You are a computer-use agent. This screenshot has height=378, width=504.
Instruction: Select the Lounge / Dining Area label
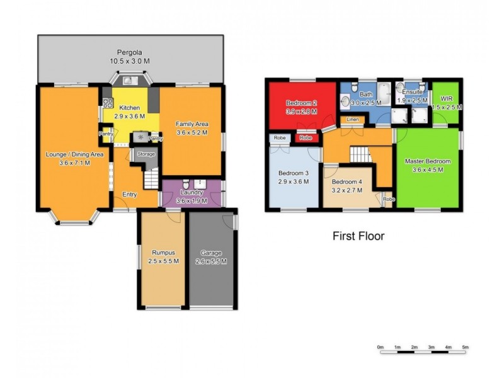[x=74, y=158]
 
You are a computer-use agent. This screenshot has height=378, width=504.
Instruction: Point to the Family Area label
[x=192, y=128]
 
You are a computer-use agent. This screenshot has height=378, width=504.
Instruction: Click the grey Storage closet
[x=146, y=155]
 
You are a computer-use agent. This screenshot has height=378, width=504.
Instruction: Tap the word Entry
[x=130, y=195]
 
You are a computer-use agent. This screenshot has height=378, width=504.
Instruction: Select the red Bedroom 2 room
[x=301, y=107]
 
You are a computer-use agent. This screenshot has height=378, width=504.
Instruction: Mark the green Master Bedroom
[x=427, y=165]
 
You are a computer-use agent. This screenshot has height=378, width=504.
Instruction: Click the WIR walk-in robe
[x=447, y=103]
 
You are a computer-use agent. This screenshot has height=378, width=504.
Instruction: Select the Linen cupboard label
[x=352, y=120]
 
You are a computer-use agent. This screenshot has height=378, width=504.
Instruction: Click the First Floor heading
[x=358, y=237]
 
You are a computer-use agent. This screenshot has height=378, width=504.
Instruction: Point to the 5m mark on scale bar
[x=466, y=347]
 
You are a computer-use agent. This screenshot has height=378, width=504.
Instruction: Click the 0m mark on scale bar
[x=381, y=347]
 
